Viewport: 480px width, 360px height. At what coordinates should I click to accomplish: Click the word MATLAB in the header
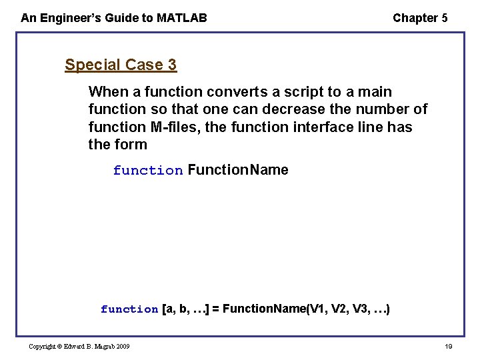click(181, 18)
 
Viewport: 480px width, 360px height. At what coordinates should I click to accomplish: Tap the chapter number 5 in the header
click(444, 18)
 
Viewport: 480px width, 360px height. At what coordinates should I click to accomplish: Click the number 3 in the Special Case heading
click(172, 65)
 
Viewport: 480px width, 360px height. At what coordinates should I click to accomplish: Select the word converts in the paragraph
click(237, 91)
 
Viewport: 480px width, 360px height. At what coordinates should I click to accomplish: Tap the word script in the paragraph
click(303, 91)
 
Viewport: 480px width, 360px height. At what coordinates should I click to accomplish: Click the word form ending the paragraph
click(131, 144)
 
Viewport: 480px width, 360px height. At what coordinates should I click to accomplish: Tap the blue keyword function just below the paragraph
click(147, 170)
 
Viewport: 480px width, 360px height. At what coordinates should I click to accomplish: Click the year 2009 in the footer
click(121, 346)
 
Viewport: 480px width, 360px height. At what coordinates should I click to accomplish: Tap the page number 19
click(448, 346)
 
